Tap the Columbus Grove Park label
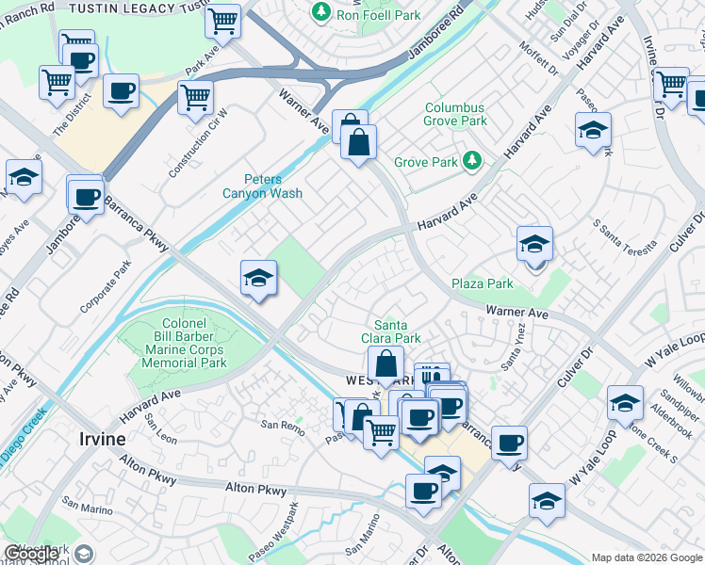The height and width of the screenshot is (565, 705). click(455, 115)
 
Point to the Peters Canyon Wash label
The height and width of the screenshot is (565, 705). click(274, 186)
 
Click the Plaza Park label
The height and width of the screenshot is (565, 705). click(482, 283)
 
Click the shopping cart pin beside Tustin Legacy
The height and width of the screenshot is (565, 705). click(222, 21)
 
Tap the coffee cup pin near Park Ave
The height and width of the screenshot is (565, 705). click(121, 91)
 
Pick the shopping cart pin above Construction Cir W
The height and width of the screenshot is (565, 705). click(195, 96)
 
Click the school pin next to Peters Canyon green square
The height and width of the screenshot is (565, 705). click(258, 278)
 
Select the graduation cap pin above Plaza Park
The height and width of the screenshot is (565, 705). click(534, 245)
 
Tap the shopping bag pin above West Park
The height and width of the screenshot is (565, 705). click(385, 363)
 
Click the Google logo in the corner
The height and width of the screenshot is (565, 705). click(32, 554)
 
